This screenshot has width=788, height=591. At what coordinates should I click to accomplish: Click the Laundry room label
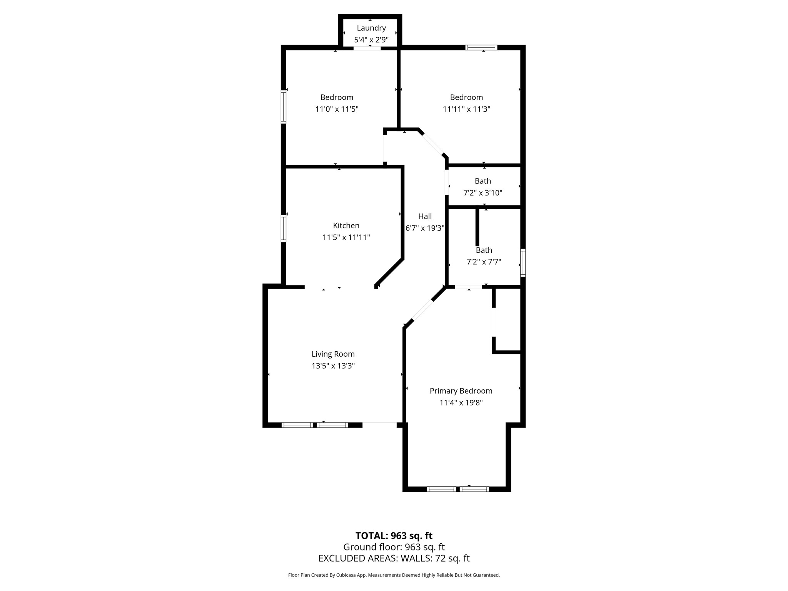coord(371,28)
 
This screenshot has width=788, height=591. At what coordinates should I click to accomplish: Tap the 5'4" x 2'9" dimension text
coord(371,40)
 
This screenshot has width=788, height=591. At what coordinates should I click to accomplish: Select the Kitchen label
coord(346,225)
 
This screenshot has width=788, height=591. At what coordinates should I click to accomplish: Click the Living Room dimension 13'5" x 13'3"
coord(333,366)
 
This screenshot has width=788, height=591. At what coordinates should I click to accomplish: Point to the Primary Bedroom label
coord(461,391)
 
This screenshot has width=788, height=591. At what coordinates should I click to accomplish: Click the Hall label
coord(425,216)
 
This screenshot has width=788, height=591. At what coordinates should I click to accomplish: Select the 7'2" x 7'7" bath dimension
coord(484,262)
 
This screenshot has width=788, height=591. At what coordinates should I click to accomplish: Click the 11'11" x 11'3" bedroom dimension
coord(466,109)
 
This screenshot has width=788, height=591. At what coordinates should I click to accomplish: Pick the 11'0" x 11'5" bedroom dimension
coord(337,109)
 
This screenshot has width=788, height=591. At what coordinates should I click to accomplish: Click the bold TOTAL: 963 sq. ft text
coord(394,536)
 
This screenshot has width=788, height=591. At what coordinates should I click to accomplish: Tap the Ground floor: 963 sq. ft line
coord(394,547)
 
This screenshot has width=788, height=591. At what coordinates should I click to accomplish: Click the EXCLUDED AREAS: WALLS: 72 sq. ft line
coord(394,558)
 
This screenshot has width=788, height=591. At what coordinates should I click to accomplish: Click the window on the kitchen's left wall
coord(284,228)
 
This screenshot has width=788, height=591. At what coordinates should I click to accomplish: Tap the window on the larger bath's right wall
coord(523,263)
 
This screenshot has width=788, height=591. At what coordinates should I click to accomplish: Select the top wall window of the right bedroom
coord(481,48)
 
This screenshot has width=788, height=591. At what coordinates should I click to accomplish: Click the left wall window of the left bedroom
coord(284,107)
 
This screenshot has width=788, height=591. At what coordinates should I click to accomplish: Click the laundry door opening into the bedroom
coord(367,48)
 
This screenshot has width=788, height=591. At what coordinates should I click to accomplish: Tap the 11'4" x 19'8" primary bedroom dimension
coord(461,403)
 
